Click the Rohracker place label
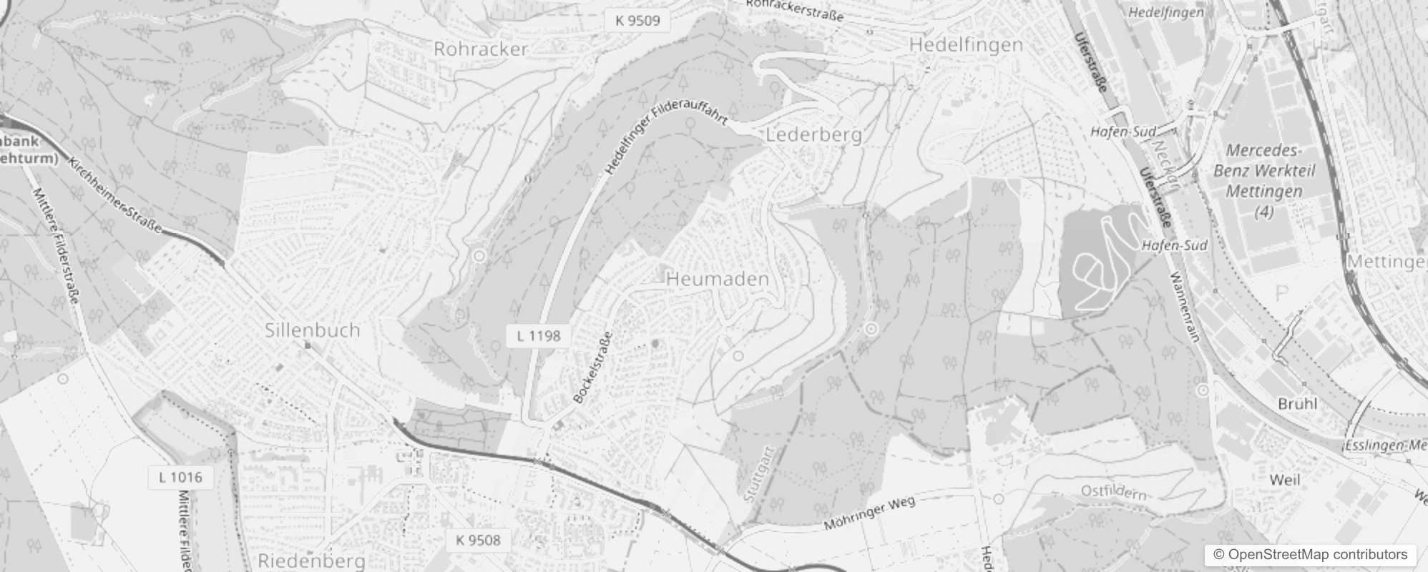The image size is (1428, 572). (481, 49)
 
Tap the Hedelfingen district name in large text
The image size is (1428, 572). (966, 45)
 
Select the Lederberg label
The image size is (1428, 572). (813, 135)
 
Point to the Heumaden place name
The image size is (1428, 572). (718, 280)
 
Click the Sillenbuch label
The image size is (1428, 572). (313, 330)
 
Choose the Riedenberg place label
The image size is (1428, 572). (311, 561)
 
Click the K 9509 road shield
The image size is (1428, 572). (637, 20)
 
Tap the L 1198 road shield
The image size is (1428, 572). (539, 335)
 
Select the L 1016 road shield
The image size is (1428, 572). (180, 477)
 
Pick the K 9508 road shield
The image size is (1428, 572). (478, 540)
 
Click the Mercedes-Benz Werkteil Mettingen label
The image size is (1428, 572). (1263, 181)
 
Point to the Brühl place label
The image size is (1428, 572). (1297, 404)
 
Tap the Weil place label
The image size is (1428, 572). (1284, 480)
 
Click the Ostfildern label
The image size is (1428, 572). (1114, 493)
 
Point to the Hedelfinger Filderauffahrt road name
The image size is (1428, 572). (665, 142)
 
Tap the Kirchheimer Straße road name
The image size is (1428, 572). (114, 194)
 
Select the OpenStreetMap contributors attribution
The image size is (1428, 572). (1310, 554)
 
